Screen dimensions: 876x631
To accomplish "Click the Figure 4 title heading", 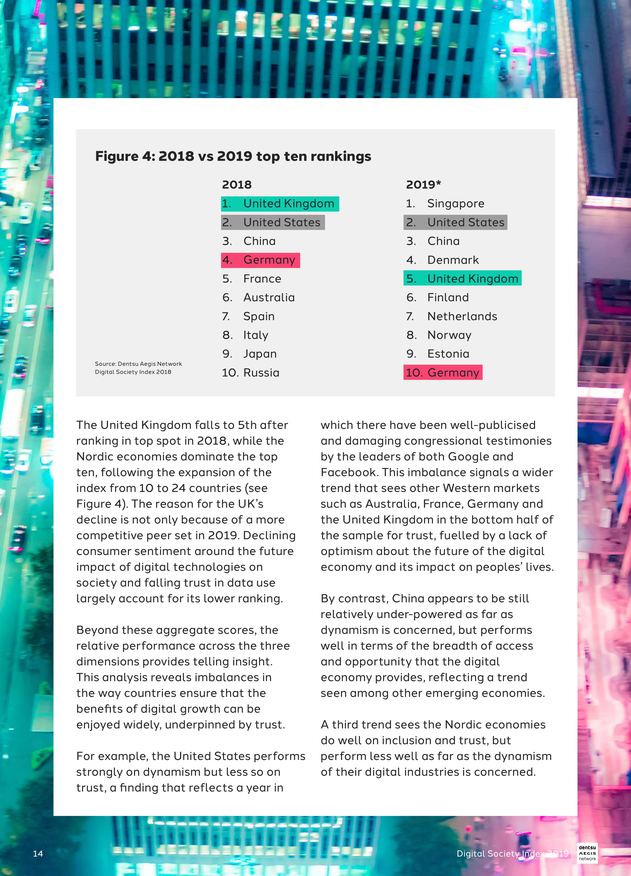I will point(233,156).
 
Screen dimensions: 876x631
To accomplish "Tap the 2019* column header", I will point(423,185).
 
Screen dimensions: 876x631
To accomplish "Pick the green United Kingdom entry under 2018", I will point(280,203).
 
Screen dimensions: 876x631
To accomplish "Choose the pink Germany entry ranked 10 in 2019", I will point(443,373).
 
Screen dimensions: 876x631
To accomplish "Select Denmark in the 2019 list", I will point(453,260).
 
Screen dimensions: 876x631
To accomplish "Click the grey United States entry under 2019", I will point(455,222).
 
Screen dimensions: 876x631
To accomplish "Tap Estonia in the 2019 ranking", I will point(448,354).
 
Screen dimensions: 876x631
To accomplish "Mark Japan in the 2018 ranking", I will point(260,354).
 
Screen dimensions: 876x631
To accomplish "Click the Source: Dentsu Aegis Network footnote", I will point(138,368).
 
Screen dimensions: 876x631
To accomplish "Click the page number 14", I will point(38,854).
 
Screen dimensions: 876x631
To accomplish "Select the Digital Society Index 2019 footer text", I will point(512,854).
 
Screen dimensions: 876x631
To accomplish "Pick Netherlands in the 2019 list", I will point(462,316).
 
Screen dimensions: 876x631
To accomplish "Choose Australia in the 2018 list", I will point(269,297).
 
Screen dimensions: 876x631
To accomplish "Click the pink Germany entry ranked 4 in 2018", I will point(260,260).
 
